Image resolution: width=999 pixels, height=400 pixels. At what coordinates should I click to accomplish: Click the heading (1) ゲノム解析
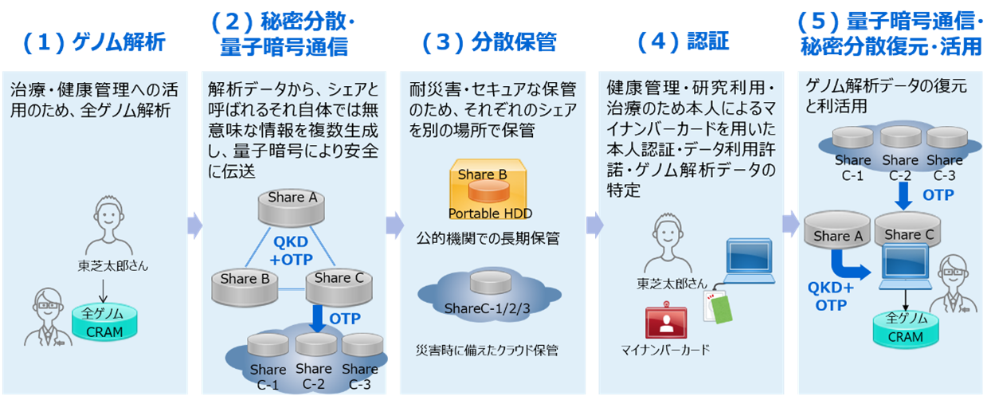pos(94,42)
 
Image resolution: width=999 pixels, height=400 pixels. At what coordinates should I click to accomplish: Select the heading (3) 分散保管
pos(489,42)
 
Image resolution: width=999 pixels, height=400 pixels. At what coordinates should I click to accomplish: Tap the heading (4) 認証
pos(684,41)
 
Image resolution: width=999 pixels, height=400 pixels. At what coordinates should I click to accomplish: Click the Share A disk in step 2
pos(292,207)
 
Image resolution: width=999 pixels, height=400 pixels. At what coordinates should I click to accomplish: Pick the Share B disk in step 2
pos(245,288)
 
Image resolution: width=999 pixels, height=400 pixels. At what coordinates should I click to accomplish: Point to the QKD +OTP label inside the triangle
pos(291,251)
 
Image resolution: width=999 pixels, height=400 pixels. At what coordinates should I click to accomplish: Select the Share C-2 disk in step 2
pos(315,345)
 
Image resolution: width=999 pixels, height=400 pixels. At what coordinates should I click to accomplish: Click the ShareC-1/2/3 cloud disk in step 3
pos(490,282)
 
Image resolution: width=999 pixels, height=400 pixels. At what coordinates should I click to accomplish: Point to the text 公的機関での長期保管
pos(488,238)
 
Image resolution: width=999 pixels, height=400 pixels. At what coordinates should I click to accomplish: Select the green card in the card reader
pos(721,309)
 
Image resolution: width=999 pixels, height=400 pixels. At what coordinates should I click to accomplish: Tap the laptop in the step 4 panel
pos(749,261)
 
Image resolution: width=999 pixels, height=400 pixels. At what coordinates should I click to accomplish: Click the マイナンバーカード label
pos(665,350)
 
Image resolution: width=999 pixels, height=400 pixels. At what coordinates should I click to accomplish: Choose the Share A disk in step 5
pos(837,230)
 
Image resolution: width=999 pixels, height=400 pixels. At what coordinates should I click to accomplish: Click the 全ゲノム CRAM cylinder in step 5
pos(906,329)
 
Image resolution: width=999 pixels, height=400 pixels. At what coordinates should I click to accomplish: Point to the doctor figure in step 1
pos(47,316)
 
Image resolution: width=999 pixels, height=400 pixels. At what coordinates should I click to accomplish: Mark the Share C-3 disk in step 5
pos(947,137)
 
